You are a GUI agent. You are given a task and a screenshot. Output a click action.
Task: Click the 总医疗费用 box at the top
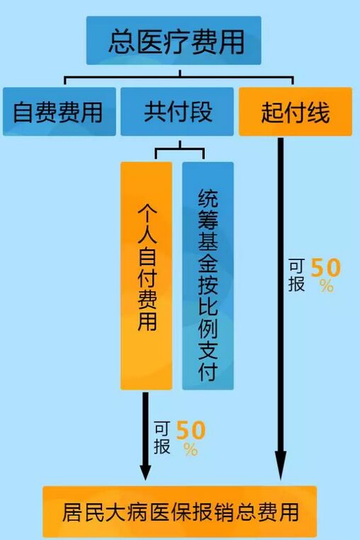pos(174,40)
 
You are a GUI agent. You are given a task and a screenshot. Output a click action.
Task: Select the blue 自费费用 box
pos(60,111)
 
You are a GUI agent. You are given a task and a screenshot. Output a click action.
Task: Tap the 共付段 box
pos(177,111)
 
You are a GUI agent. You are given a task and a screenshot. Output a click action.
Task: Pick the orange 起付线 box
pos(296,111)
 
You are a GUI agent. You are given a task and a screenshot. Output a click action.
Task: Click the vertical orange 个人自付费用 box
pos(147,276)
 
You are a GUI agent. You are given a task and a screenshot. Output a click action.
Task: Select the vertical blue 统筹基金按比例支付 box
pos(208,276)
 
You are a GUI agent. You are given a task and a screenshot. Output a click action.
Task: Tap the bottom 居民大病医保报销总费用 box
pos(179,512)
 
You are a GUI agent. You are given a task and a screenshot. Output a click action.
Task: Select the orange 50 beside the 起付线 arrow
pos(325,268)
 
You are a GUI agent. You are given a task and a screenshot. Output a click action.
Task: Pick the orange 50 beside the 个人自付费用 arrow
pos(191,430)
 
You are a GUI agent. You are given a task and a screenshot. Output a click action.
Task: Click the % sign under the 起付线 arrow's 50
pos(326,286)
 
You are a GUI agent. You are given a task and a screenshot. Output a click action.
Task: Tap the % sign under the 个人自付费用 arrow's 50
pos(191,449)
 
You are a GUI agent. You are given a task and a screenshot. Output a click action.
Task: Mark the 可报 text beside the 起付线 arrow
pos(297,275)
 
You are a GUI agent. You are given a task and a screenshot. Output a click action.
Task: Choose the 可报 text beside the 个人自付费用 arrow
pos(162,438)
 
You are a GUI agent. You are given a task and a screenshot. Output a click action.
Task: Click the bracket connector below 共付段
pos(179,149)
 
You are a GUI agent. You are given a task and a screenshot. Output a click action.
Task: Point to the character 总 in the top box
pos(122,41)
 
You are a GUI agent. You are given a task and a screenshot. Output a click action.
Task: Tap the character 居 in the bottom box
pos(74,512)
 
